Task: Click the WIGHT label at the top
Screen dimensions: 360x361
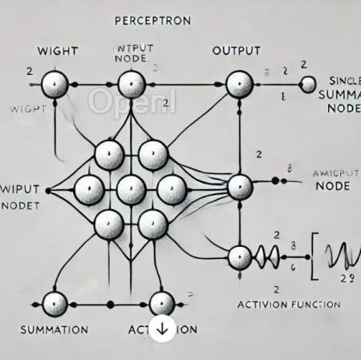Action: point(57,52)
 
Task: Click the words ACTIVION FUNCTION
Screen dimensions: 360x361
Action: point(290,305)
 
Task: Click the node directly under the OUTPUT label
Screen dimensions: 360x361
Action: point(238,83)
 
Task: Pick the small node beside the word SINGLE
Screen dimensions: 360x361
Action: point(307,83)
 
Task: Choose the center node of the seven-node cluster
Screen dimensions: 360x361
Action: point(130,190)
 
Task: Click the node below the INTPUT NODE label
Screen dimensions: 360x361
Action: point(130,83)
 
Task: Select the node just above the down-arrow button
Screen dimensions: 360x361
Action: point(161,302)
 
